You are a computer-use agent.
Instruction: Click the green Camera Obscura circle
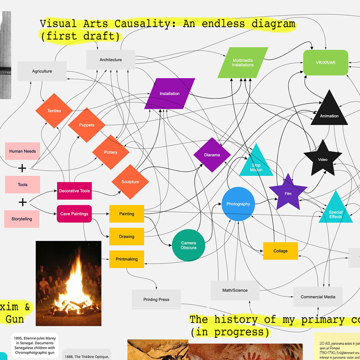tap(188, 245)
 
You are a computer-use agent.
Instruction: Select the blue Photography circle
tap(238, 204)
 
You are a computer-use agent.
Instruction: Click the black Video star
tap(323, 159)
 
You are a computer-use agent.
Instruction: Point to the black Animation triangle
tap(329, 112)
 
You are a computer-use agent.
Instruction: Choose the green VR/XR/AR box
tap(325, 63)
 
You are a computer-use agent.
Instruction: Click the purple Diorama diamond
tap(212, 155)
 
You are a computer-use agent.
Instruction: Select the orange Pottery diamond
tap(111, 152)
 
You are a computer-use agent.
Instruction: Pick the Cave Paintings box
tap(74, 214)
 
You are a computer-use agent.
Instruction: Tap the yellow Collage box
tap(280, 251)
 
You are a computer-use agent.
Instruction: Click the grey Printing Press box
tap(156, 299)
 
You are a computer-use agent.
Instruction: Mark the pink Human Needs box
tap(22, 151)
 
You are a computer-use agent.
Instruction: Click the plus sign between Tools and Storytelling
tap(22, 202)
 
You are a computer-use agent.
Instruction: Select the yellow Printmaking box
tap(127, 259)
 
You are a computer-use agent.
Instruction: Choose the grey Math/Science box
tap(235, 290)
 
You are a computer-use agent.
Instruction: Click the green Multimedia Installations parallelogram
tap(243, 63)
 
